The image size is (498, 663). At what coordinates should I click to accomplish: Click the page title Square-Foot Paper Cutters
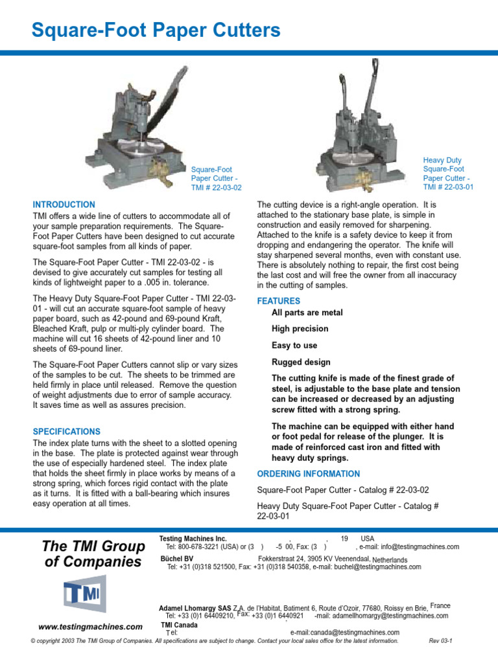[156, 30]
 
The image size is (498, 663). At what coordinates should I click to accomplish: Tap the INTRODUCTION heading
[64, 205]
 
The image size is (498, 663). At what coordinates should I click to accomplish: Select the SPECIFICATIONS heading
[66, 431]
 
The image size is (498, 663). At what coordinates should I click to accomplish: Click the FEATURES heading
[278, 301]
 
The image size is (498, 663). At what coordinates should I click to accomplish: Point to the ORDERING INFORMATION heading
[308, 473]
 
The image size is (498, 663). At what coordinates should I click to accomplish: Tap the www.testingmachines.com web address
[90, 627]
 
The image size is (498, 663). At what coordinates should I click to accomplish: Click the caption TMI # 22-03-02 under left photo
[216, 188]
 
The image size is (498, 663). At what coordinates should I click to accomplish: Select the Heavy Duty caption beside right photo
[442, 160]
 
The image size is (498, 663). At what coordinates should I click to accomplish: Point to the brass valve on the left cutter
[158, 170]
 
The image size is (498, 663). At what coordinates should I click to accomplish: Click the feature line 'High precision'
[300, 329]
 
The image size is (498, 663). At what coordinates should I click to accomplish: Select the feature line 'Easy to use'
[294, 346]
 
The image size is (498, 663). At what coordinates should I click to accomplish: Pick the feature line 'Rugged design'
[301, 363]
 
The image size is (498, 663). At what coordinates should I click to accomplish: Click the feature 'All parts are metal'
[307, 313]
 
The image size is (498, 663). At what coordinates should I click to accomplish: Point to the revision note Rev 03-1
[440, 641]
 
